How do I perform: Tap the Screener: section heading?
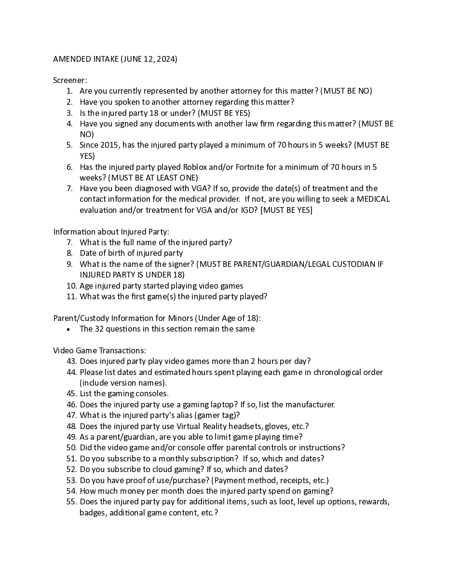(70, 81)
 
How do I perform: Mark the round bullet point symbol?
(69, 329)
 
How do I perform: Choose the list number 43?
(71, 361)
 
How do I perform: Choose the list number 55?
(71, 501)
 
